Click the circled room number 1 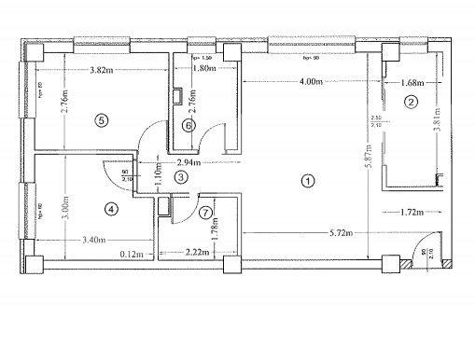[x=308, y=181]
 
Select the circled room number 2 [x=409, y=104]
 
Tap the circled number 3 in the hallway [x=182, y=176]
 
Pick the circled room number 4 [x=111, y=209]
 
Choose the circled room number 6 [x=188, y=125]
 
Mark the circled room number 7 [x=205, y=212]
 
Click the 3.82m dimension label [x=96, y=71]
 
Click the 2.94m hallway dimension [x=189, y=162]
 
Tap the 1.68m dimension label [x=412, y=83]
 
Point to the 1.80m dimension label [x=191, y=67]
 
